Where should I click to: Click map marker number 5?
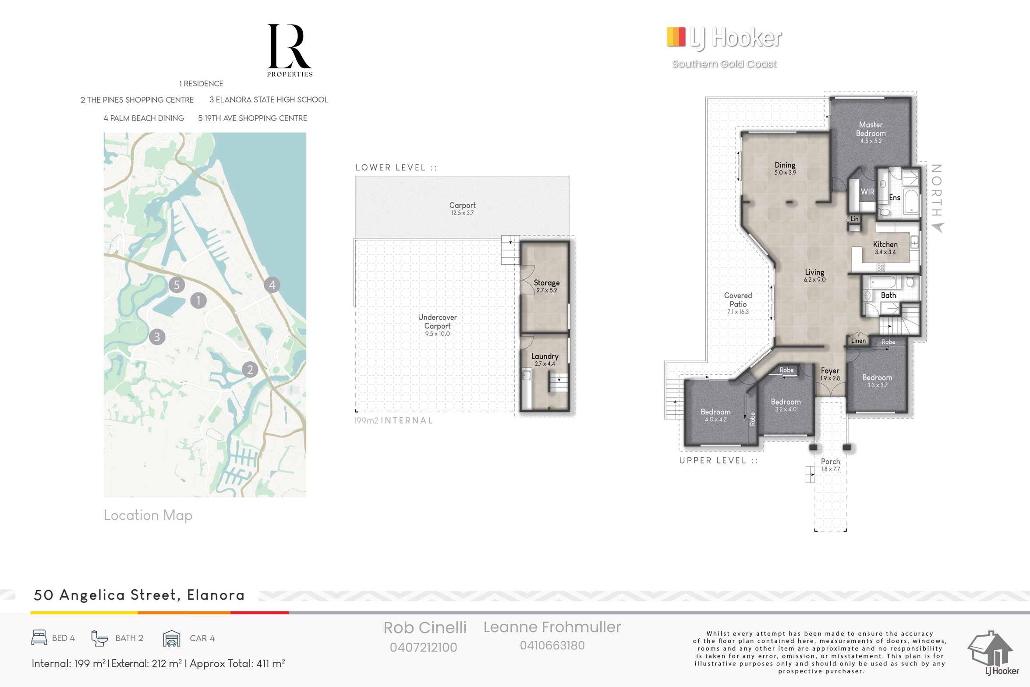pyautogui.click(x=177, y=285)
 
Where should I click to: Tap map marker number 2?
pyautogui.click(x=250, y=370)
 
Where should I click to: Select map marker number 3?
pyautogui.click(x=157, y=337)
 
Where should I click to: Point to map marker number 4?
pyautogui.click(x=272, y=285)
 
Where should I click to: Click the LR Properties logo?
pyautogui.click(x=290, y=50)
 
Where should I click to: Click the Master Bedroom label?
pyautogui.click(x=871, y=129)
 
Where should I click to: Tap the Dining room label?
pyautogui.click(x=785, y=165)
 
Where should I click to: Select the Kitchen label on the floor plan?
pyautogui.click(x=885, y=244)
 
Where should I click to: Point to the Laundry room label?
pyautogui.click(x=545, y=356)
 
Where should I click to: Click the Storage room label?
pyautogui.click(x=546, y=283)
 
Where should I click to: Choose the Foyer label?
pyautogui.click(x=830, y=370)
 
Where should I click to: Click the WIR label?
pyautogui.click(x=867, y=192)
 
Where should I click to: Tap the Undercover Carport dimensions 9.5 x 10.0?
pyautogui.click(x=437, y=334)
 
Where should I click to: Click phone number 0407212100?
pyautogui.click(x=423, y=647)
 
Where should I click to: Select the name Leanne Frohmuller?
pyautogui.click(x=552, y=627)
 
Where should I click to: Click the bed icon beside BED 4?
pyautogui.click(x=39, y=637)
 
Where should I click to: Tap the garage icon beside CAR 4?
pyautogui.click(x=171, y=638)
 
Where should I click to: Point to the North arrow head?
pyautogui.click(x=938, y=228)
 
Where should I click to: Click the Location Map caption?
pyautogui.click(x=148, y=515)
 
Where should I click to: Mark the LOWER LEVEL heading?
pyautogui.click(x=396, y=167)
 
